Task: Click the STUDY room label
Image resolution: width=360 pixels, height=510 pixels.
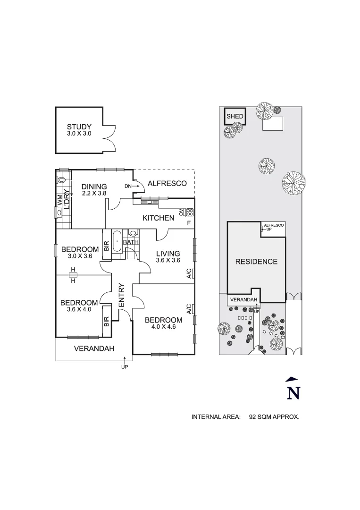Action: pos(79,127)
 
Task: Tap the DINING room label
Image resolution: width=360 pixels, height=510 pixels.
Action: pos(94,187)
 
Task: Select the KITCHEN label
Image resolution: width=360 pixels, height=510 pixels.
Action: pos(159,218)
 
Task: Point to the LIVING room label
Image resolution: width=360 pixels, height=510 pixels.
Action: pos(168,254)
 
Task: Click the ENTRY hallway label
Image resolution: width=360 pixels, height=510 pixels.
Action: pos(121,296)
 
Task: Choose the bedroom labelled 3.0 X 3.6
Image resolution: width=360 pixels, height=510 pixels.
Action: pos(80,250)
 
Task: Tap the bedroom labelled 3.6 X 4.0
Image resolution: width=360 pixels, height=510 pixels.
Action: pos(79,303)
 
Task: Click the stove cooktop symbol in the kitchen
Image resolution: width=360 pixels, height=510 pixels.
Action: pos(190,212)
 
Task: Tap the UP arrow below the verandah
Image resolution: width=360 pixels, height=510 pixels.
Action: pos(125,360)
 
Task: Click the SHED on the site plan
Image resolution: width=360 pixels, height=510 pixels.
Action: pos(235,116)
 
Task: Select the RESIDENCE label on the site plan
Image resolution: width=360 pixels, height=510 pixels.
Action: pos(256,262)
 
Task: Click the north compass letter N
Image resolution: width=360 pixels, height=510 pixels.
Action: pos(293,392)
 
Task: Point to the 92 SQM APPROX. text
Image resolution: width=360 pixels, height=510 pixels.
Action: pos(274,417)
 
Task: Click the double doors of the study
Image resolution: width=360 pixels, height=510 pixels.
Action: pos(109,137)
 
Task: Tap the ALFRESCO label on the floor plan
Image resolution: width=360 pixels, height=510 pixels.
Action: pos(167,183)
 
